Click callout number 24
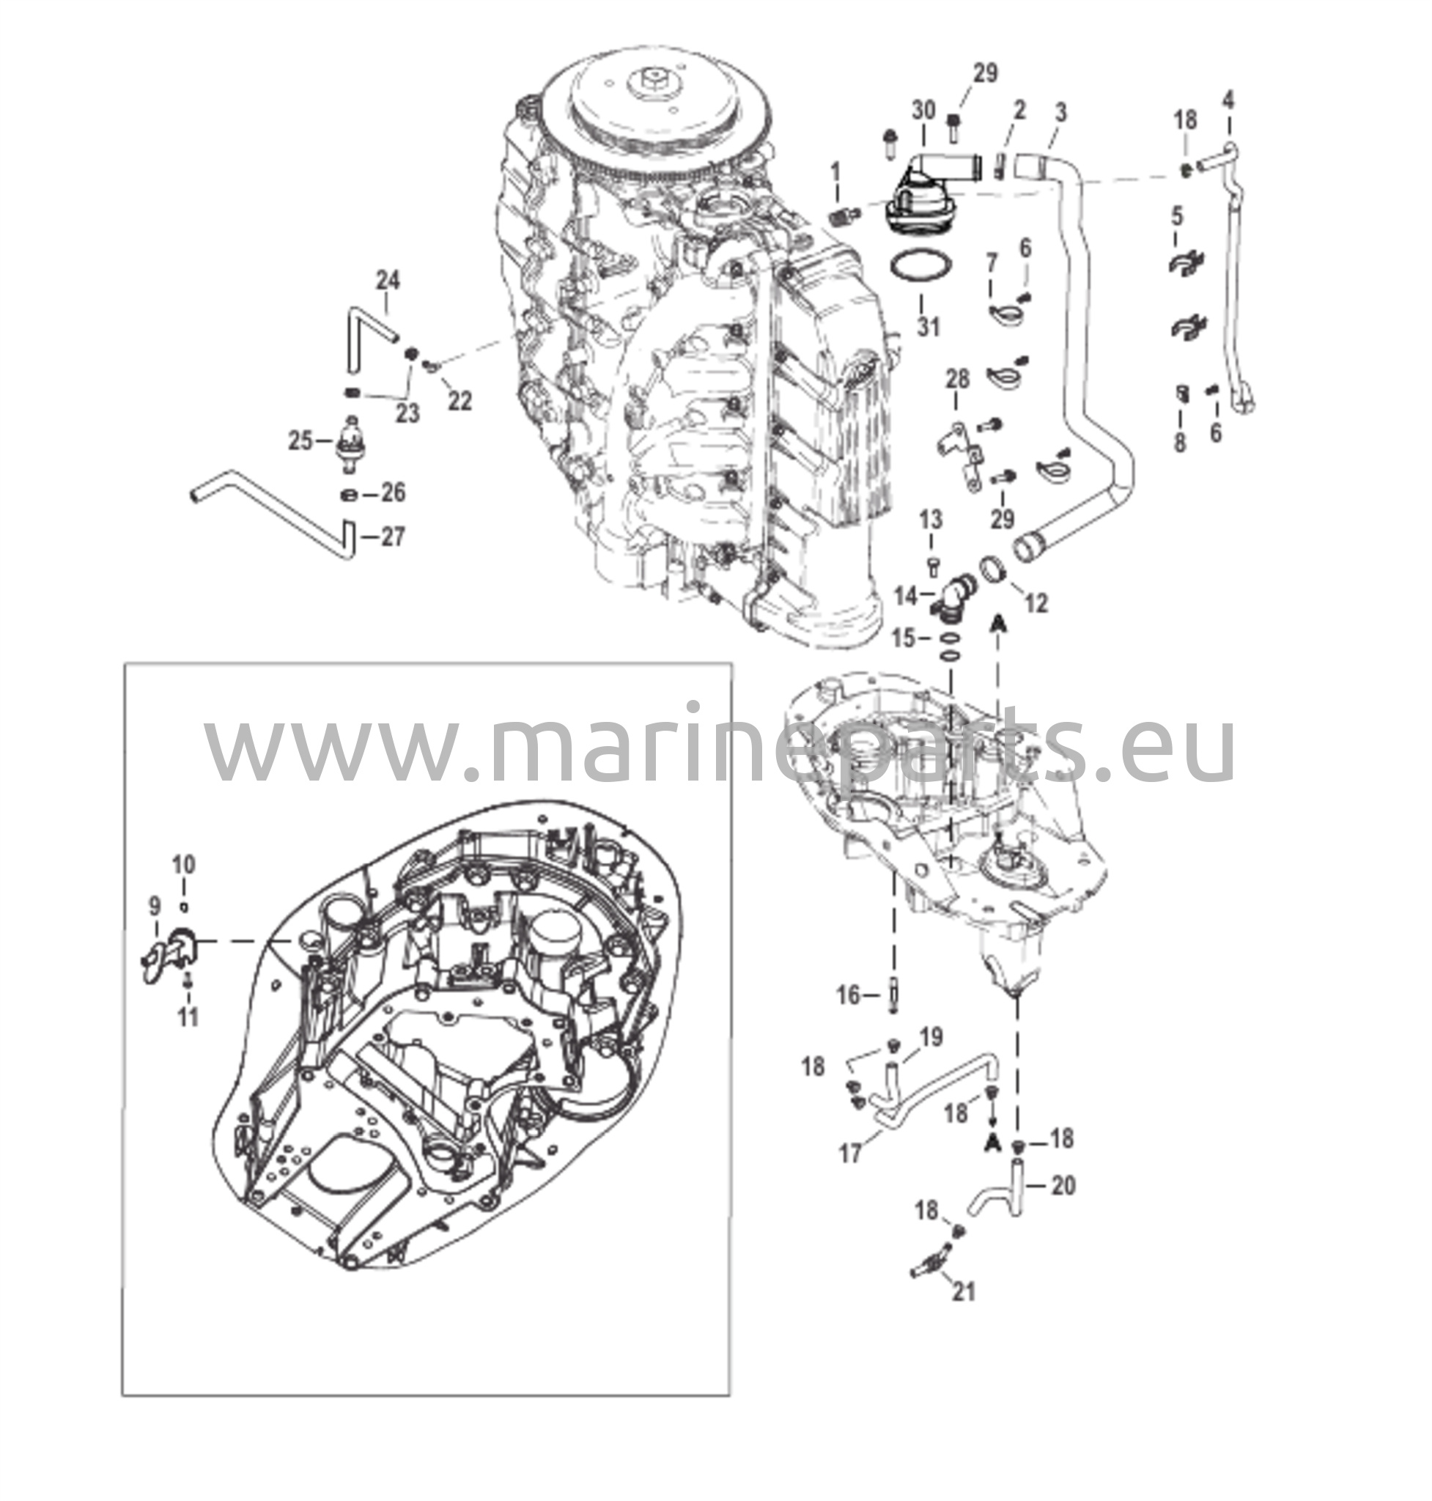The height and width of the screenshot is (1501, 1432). click(388, 280)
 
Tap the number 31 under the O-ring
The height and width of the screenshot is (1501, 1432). click(928, 327)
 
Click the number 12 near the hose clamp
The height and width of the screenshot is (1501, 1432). click(1036, 603)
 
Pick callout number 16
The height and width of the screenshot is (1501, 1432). click(849, 995)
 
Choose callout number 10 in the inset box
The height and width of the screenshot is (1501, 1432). click(183, 864)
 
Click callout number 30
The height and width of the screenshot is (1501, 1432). click(923, 111)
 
